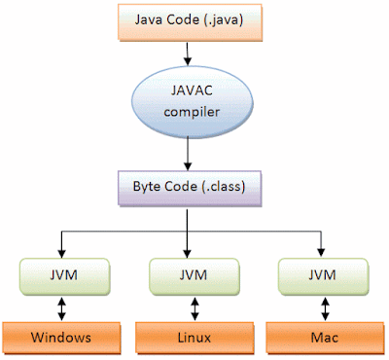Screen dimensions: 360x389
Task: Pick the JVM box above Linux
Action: (x=192, y=275)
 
